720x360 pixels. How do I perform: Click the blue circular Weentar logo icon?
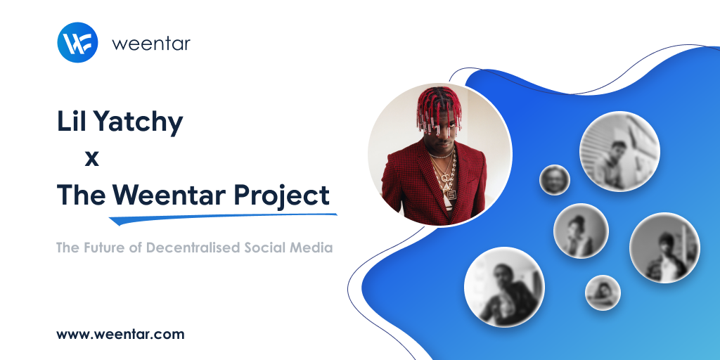[x=77, y=43]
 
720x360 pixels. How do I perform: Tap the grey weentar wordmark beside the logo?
[x=150, y=44]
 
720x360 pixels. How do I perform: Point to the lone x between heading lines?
[x=91, y=159]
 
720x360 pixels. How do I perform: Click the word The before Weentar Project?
[x=81, y=195]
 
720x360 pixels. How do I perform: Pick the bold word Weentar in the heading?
[x=169, y=195]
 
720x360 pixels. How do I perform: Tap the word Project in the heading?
[x=282, y=196]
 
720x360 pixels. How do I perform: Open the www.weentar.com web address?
[x=120, y=334]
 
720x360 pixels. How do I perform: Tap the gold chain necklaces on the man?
[x=444, y=172]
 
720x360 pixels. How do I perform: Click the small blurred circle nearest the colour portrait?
[x=554, y=180]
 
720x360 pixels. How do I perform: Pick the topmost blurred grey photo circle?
[x=619, y=150]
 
